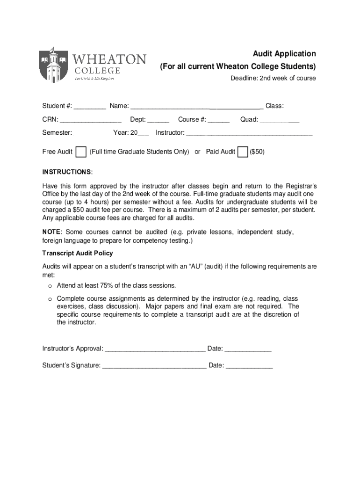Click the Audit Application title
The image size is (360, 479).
point(284,54)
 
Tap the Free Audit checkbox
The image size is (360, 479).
point(81,152)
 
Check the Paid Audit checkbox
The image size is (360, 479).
point(243,152)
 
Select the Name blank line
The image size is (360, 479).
point(197,107)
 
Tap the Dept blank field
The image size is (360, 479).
point(158,120)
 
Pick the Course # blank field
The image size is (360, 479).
point(219,120)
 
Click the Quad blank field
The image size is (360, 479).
point(279,120)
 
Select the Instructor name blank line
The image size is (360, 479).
point(249,133)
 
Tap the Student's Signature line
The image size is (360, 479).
point(154,366)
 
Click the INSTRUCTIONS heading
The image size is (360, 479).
point(67,172)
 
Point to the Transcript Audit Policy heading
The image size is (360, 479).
point(78,253)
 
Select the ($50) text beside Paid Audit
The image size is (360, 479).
point(257,152)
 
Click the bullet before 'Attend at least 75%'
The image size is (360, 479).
point(49,286)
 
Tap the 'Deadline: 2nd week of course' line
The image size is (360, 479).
point(273,78)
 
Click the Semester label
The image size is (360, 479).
point(57,133)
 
